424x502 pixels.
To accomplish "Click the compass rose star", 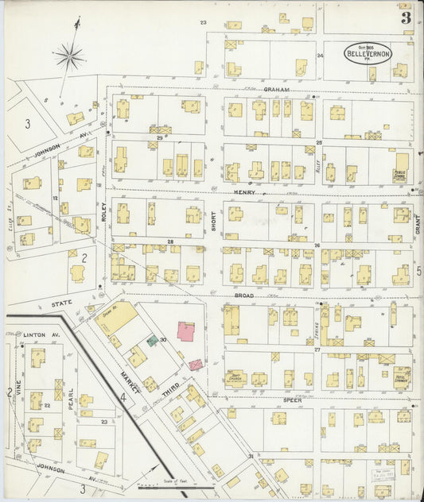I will click(70, 56).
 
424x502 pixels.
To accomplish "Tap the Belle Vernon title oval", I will click(368, 54).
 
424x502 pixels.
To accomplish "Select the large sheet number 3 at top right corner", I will click(406, 17).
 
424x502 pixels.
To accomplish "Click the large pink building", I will click(188, 331).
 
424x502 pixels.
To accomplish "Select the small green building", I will click(152, 341).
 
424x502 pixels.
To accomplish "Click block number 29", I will click(159, 138).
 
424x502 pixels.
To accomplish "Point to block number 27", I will click(317, 349).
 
